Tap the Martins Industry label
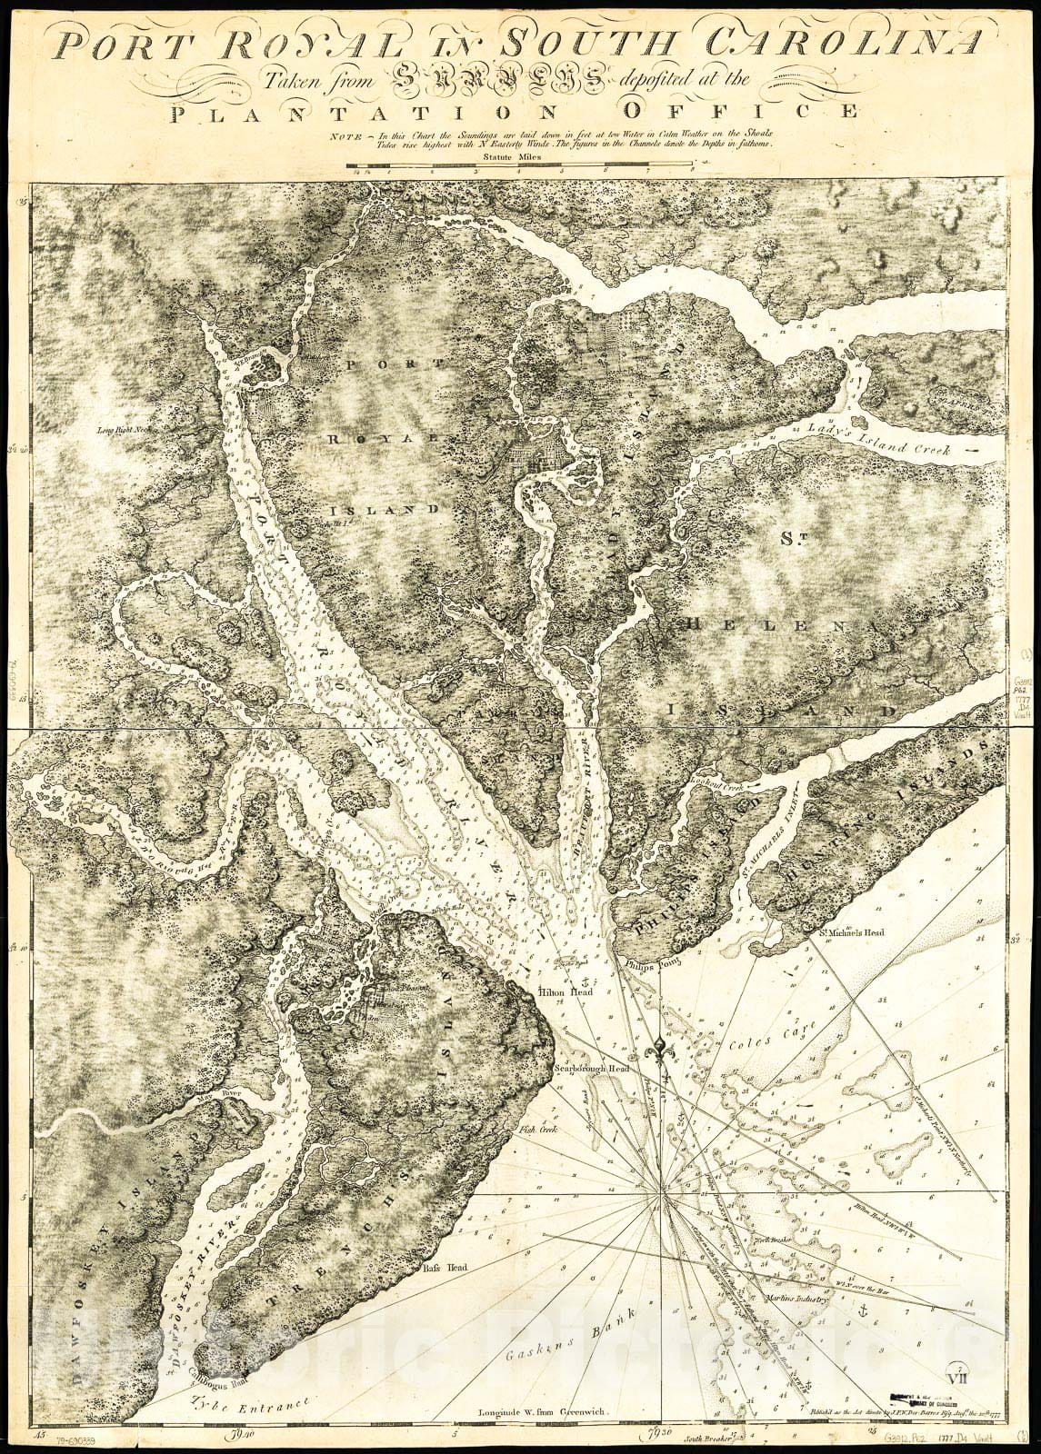[799, 1300]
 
